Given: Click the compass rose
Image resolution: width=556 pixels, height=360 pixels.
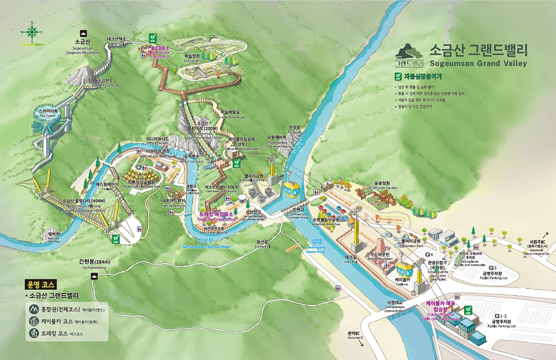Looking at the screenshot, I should (x=32, y=32).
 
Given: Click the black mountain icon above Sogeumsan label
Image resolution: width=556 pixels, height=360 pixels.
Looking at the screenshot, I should (x=83, y=33).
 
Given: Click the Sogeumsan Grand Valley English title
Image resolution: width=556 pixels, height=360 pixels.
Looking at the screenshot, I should (x=478, y=62).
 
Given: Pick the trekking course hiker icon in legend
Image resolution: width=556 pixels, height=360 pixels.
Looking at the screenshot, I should (x=33, y=334).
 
